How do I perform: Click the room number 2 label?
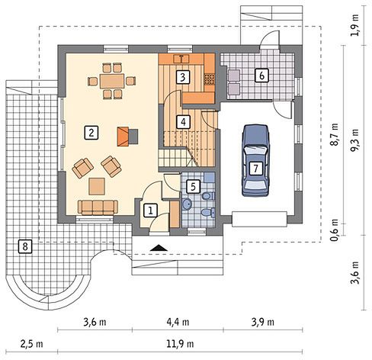91,132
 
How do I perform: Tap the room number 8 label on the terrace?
25,246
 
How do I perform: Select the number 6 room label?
261,76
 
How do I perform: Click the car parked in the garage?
255,160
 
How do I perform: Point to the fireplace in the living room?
127,137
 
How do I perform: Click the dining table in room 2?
112,81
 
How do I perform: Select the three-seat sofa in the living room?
98,207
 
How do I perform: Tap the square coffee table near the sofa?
97,186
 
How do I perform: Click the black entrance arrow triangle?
159,248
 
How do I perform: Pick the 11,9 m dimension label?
180,344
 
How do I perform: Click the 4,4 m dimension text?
178,322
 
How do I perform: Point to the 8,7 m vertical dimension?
335,134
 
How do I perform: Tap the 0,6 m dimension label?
335,230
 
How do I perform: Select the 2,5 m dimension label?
32,344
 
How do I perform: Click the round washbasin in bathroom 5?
188,204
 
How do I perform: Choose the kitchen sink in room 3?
181,59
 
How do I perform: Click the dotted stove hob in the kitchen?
210,79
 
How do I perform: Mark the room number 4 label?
183,121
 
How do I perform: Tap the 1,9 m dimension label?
354,25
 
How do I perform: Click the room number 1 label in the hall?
150,211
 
